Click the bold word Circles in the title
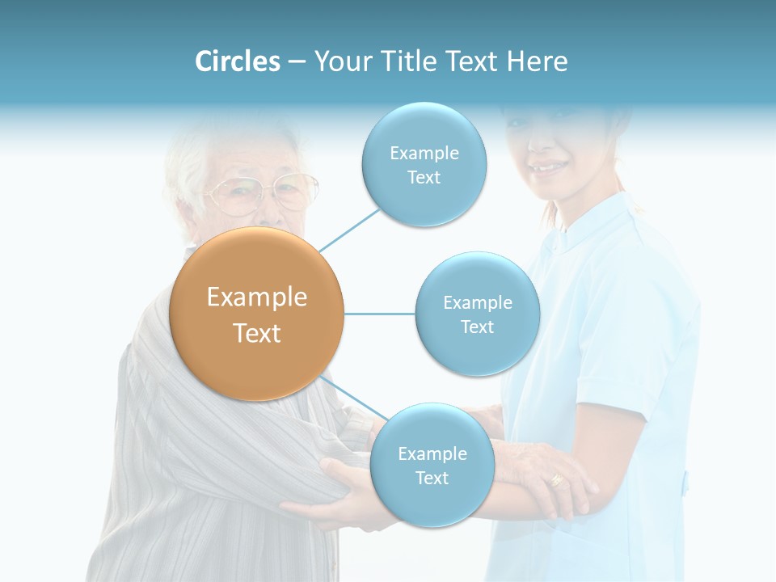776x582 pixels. (238, 61)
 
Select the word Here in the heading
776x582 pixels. (537, 61)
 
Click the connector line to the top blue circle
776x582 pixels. (349, 230)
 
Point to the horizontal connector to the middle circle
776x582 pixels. (380, 313)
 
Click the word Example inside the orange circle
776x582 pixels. (257, 297)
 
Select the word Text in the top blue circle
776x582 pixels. (424, 178)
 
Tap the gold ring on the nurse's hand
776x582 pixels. (556, 479)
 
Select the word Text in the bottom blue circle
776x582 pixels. (432, 478)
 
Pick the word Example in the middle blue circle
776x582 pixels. (478, 303)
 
